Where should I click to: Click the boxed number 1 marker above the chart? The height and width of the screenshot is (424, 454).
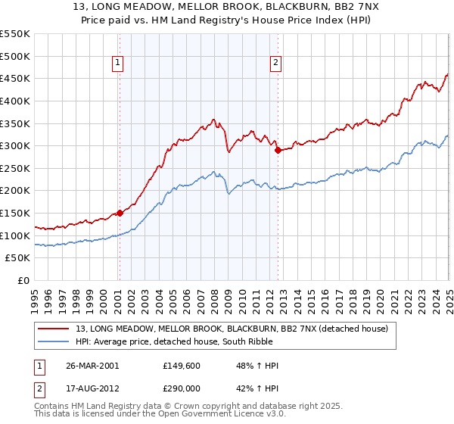(119, 64)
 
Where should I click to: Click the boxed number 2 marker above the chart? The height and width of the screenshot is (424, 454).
(276, 64)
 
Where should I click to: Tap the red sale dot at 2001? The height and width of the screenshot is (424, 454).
(120, 213)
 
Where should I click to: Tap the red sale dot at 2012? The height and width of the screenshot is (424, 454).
(278, 150)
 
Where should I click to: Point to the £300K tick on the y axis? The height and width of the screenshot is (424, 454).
(15, 145)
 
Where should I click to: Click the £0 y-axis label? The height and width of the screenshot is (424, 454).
(23, 281)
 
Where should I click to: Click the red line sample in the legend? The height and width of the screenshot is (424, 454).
(53, 329)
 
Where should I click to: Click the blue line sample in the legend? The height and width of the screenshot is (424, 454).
(53, 341)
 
